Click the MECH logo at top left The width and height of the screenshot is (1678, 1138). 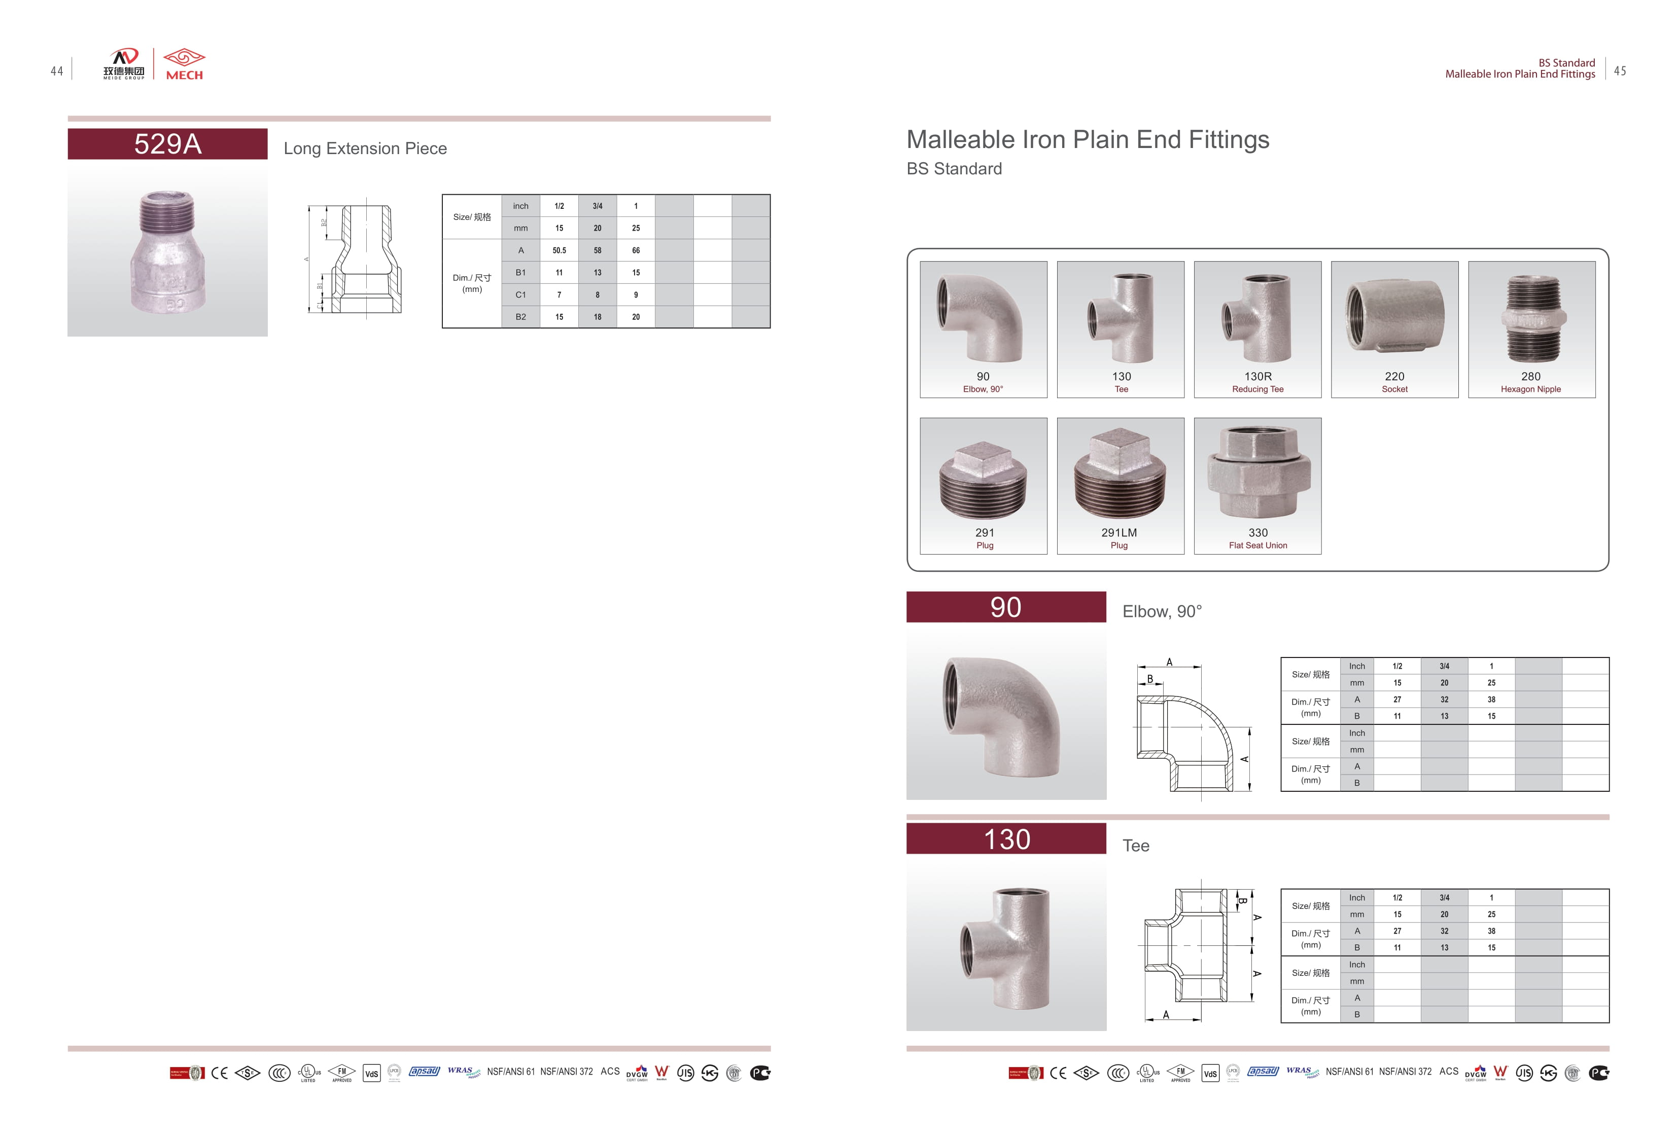184,64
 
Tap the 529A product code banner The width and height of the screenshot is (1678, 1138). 167,144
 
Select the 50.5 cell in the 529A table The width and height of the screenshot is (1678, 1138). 559,250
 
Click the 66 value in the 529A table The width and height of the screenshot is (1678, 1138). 636,250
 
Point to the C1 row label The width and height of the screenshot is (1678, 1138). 520,295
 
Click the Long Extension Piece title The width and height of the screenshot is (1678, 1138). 365,149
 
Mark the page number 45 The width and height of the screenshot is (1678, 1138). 1620,71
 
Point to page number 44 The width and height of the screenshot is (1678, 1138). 57,71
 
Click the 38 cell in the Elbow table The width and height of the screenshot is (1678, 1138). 1491,699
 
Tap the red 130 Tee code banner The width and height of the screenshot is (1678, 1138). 1006,838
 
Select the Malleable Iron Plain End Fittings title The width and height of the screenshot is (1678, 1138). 1088,140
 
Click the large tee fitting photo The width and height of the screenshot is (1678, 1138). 1006,945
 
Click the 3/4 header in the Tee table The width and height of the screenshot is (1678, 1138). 1444,898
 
